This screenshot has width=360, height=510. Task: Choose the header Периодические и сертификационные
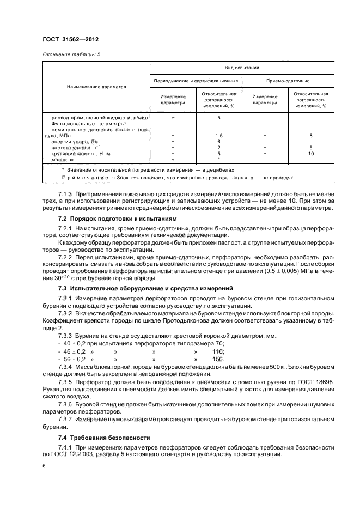click(x=196, y=81)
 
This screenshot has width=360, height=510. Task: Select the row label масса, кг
click(x=64, y=159)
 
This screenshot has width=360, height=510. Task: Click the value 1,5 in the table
click(x=219, y=135)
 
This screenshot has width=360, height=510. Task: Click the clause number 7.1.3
click(x=66, y=193)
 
